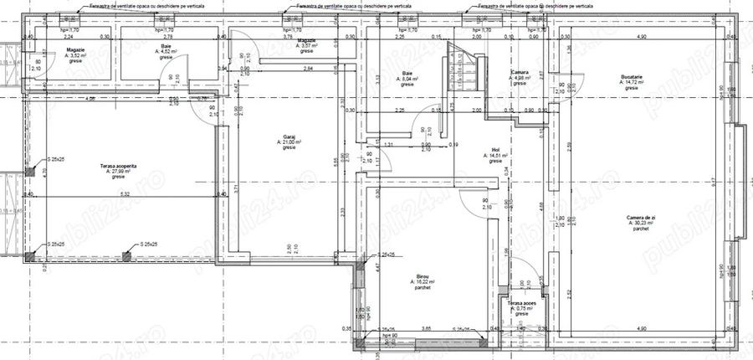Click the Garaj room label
(290, 136)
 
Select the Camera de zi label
(641, 217)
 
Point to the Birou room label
(422, 275)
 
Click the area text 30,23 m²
(642, 223)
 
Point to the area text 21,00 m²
(290, 142)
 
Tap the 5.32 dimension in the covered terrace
(125, 194)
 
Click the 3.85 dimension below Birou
(425, 329)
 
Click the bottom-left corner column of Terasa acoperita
(29, 256)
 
